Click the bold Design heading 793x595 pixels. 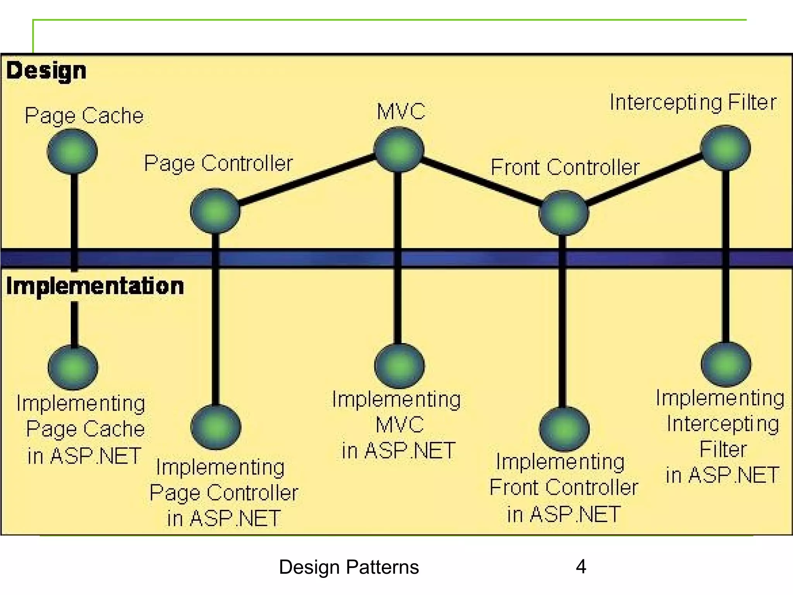pos(46,71)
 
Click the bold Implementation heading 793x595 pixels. pos(95,286)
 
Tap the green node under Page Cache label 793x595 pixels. pos(72,151)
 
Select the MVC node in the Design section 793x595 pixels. pos(399,150)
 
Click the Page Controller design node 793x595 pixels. pos(215,211)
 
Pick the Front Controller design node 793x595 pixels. pos(564,213)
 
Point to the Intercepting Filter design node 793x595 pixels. pos(726,148)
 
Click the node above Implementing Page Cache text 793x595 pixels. pos(73,367)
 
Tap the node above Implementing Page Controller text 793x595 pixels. pos(216,427)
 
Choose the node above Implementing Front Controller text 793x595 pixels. pos(564,429)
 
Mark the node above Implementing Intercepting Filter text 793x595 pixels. pos(726,365)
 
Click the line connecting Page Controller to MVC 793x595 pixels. pos(306,179)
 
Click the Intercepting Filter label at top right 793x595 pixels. pos(693,103)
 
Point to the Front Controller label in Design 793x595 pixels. pos(565,168)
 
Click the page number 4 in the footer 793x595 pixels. pos(581,567)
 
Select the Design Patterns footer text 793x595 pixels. pos(348,567)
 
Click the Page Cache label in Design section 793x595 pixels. pos(84,116)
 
